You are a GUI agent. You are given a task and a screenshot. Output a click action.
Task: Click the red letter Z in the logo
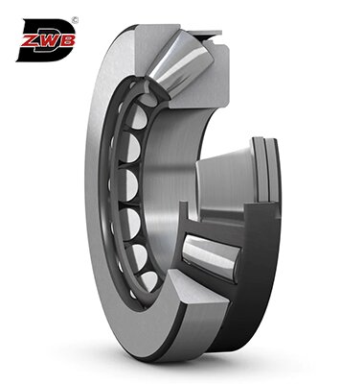(30, 41)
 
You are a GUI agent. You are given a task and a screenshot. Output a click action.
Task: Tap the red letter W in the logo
(48, 41)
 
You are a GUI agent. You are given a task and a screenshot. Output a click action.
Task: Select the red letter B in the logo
(67, 41)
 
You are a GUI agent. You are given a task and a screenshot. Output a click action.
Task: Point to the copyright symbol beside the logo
(76, 20)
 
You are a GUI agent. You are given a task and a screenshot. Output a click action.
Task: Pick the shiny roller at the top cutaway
(180, 64)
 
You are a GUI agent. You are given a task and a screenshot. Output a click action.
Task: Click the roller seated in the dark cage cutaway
(209, 256)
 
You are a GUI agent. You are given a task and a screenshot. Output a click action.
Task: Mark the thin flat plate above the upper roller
(204, 33)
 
